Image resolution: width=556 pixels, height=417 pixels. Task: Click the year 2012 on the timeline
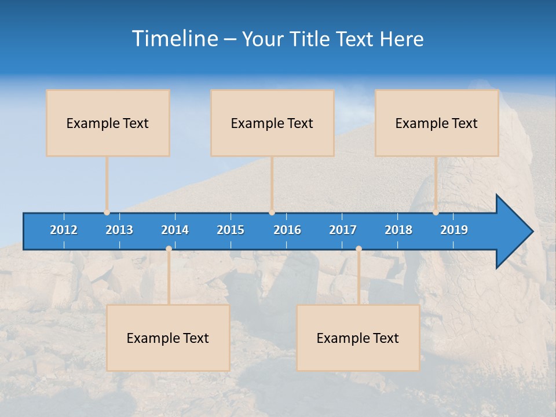coord(64,230)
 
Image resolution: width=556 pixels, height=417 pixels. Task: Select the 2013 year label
coord(119,230)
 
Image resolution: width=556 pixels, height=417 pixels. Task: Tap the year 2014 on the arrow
coord(175,230)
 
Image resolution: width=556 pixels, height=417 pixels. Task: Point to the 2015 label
coord(231,230)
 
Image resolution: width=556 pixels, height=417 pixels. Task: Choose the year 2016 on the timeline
coord(287,230)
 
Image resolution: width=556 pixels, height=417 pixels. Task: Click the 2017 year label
coord(343,230)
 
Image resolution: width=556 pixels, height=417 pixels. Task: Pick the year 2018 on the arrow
coord(398,230)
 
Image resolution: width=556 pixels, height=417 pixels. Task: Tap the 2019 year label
coord(454,230)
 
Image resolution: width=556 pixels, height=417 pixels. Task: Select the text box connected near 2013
coord(108,123)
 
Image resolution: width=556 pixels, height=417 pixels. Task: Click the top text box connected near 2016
coord(272,123)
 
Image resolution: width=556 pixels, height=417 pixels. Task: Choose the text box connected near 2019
coord(437,123)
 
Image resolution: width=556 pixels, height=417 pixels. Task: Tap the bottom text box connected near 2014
coord(168,338)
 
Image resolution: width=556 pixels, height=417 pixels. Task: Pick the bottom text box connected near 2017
coord(358,338)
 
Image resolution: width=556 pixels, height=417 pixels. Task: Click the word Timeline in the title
coord(174,39)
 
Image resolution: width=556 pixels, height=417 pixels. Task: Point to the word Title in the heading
coord(313,39)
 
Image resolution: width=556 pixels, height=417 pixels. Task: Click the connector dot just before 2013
coord(107,213)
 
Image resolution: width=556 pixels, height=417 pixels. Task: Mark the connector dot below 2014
coord(169,248)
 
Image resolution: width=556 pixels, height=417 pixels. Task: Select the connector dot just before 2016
coord(272,213)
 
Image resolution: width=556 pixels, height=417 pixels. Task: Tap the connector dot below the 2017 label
coord(359,248)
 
